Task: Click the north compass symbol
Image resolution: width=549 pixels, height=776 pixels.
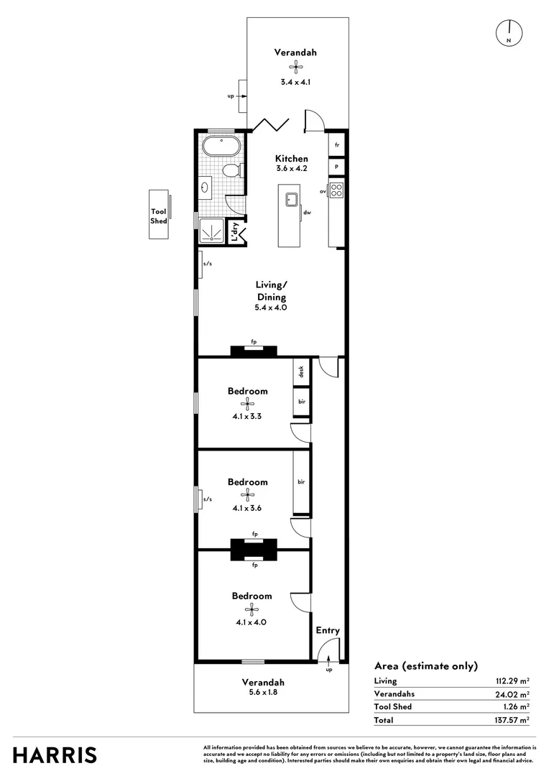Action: [509, 32]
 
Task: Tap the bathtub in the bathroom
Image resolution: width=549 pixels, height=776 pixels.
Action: [221, 147]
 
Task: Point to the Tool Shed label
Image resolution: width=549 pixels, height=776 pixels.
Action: [159, 216]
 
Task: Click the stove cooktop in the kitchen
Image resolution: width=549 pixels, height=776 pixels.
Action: [336, 191]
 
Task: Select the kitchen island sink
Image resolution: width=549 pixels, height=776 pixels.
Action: [292, 198]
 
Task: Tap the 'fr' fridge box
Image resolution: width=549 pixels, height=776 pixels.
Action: [336, 145]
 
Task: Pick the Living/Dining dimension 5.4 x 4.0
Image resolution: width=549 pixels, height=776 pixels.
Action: [271, 308]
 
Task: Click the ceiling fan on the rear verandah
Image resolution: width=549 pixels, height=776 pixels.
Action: [295, 67]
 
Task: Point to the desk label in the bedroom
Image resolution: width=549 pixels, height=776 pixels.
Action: [302, 371]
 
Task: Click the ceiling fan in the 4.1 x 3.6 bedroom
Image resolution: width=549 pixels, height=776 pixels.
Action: [248, 494]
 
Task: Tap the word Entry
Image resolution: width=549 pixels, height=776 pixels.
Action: [328, 631]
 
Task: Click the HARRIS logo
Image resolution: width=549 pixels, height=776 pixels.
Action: [55, 755]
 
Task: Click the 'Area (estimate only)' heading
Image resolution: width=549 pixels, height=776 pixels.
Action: [425, 666]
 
